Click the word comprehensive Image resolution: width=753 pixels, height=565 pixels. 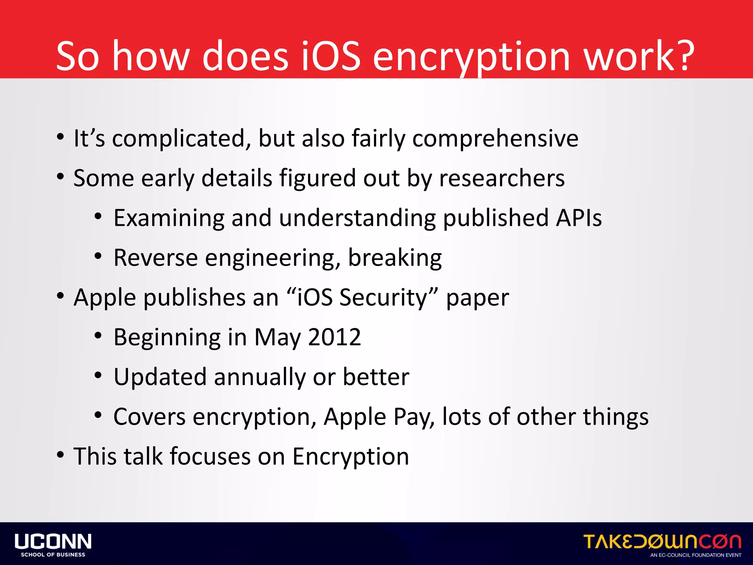495,139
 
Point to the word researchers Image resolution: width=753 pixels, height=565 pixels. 502,178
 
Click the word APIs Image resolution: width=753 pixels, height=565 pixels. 579,218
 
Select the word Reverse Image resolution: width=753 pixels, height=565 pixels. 156,257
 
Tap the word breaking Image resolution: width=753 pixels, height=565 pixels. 395,257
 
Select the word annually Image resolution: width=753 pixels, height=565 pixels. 260,377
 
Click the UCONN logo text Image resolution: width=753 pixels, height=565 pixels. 53,541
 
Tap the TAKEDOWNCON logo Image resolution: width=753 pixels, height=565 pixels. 662,541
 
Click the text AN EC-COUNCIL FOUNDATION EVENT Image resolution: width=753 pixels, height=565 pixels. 696,555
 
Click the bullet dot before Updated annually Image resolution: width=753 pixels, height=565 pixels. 98,376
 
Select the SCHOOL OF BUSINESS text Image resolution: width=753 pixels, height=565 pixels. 53,555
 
